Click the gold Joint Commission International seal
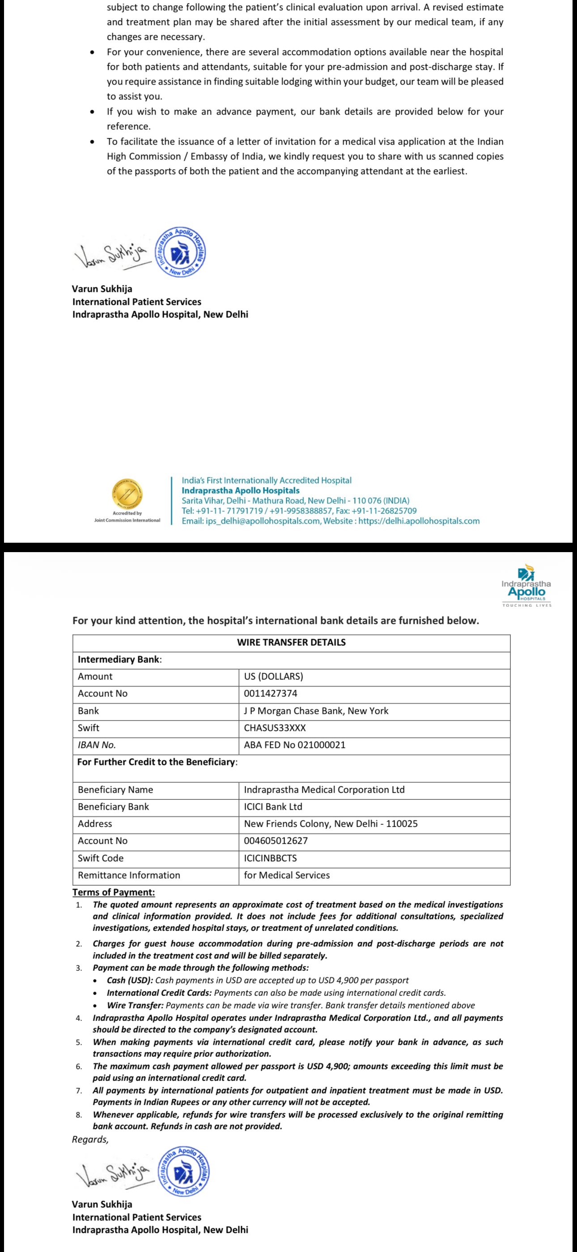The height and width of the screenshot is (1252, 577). (127, 494)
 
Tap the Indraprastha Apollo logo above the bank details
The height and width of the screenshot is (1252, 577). (526, 586)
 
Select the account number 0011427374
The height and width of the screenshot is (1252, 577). (271, 694)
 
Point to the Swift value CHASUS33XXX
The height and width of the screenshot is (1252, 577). (275, 728)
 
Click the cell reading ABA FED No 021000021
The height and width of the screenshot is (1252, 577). (294, 745)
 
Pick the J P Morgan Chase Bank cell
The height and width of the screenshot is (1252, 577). (316, 711)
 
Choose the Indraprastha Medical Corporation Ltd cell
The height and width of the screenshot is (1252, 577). (324, 790)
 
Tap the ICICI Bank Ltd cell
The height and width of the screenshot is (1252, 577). (273, 807)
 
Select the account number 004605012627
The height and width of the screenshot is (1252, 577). (276, 841)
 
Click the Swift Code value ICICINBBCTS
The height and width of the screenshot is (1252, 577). (270, 858)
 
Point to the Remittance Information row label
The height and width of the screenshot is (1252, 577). (129, 875)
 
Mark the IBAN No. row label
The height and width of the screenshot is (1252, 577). (97, 745)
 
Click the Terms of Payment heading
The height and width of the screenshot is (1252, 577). (114, 892)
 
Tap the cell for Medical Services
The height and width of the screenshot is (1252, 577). (287, 875)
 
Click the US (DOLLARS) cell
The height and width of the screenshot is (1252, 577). (273, 677)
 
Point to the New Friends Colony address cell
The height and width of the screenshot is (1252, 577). (330, 824)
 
